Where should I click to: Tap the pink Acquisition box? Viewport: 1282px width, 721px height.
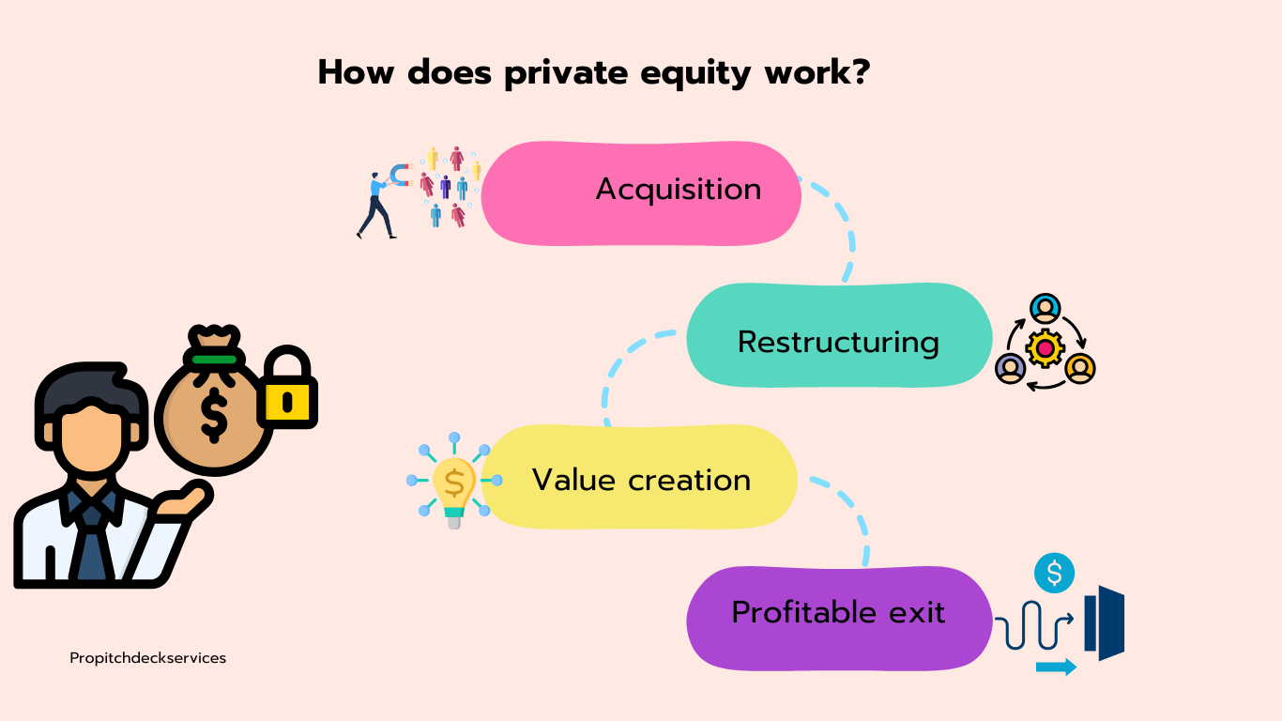click(x=641, y=192)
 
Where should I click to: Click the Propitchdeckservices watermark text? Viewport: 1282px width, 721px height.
click(x=148, y=658)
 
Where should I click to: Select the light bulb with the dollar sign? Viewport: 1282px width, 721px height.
click(x=454, y=483)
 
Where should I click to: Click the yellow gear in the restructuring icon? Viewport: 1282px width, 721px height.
click(x=1045, y=348)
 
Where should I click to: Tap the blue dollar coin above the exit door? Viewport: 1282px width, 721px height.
click(x=1054, y=573)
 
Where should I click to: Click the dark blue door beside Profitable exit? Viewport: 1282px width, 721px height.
click(x=1105, y=621)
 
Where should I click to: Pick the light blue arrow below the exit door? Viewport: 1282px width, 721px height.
click(x=1056, y=667)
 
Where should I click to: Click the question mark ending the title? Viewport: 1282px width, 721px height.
click(x=857, y=72)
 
